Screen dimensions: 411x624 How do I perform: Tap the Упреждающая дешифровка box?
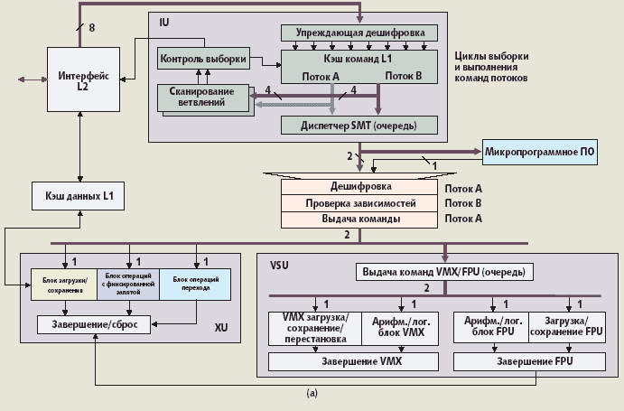[359, 33]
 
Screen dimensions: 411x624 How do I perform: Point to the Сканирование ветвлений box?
[203, 98]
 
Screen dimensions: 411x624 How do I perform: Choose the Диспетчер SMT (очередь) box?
[359, 124]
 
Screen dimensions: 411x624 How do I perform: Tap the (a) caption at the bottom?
[312, 393]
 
